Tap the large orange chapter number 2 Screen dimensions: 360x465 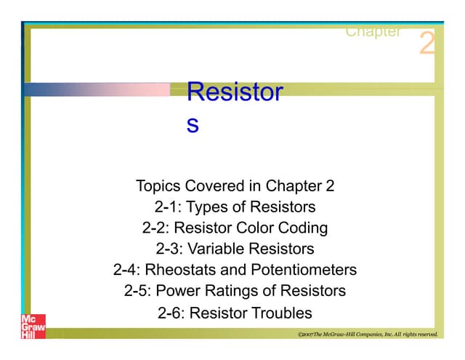(427, 44)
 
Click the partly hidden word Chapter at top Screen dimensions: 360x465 (373, 32)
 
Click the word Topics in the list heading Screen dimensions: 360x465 (158, 185)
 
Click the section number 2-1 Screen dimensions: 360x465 (169, 207)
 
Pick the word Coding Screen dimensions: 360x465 (302, 228)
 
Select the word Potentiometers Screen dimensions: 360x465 (304, 271)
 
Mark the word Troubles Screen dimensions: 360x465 (282, 313)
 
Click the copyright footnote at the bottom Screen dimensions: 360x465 (368, 335)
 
